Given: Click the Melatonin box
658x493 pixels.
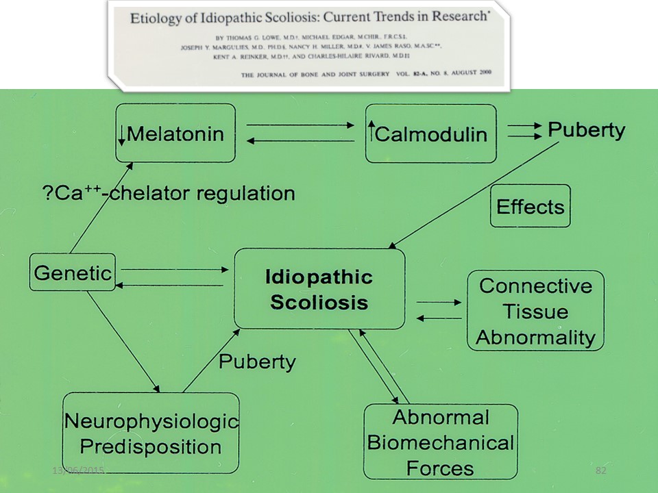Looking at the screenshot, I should (175, 133).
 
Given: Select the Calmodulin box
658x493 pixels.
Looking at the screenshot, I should (430, 133).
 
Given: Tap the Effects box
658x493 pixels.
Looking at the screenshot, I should (530, 206).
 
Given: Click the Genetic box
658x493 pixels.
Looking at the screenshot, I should (72, 273).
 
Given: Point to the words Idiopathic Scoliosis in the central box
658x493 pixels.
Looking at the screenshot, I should (319, 289).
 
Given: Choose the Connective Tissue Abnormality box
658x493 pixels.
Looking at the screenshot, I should (535, 311).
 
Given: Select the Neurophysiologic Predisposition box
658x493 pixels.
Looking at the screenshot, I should (151, 433).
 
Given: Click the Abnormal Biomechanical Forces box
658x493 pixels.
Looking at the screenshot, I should (440, 442).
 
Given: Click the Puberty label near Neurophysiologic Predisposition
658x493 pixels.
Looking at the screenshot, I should (257, 361).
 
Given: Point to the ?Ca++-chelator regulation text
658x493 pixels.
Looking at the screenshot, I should (164, 193).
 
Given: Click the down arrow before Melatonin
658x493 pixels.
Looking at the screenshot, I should (121, 135).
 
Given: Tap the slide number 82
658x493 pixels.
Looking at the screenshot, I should (602, 470).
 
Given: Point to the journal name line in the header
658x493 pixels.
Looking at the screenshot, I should (363, 71).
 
